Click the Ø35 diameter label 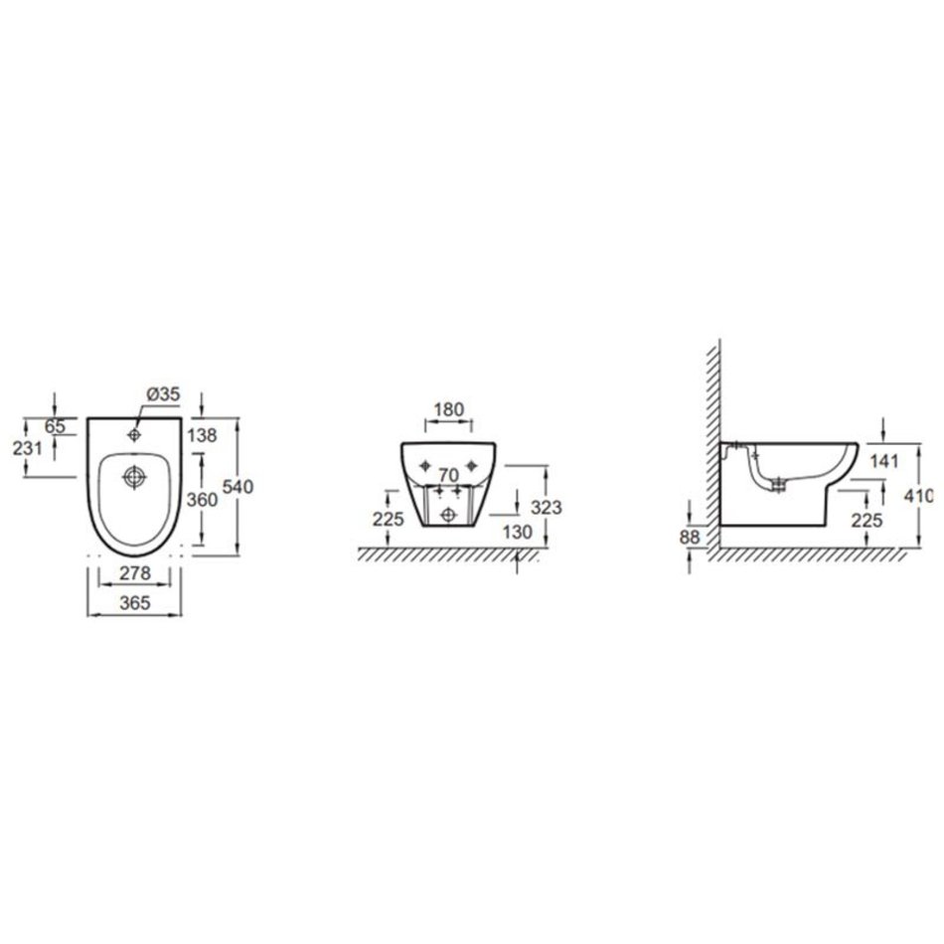pos(163,393)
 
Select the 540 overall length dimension pos(237,486)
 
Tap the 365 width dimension pos(134,602)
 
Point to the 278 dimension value pos(134,572)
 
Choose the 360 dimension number pos(202,499)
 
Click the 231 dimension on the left pos(28,448)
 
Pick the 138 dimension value pos(202,434)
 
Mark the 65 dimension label pos(55,426)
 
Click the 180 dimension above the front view pos(449,409)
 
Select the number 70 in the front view pos(448,475)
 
